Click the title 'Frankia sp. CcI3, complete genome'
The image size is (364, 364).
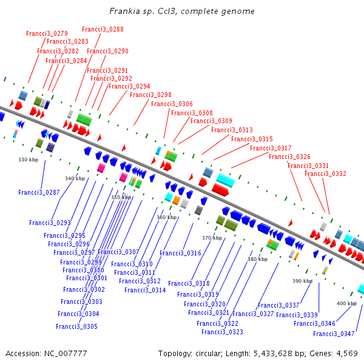tap(182, 12)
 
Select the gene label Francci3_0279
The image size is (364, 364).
tap(47, 33)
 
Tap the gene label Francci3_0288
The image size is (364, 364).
tap(103, 29)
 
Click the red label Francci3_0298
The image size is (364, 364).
tap(150, 95)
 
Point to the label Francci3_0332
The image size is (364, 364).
tap(325, 174)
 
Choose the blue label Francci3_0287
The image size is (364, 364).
tap(39, 192)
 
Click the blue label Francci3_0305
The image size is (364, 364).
tap(76, 326)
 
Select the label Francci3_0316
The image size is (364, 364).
tap(180, 253)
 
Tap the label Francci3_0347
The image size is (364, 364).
tap(334, 334)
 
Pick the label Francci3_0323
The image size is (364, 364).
tap(222, 332)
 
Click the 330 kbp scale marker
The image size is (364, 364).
tap(28, 160)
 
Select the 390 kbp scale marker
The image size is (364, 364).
tap(302, 281)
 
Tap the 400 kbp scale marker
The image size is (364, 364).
tap(346, 303)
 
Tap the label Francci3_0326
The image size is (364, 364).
tap(289, 157)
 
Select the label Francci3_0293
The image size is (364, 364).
tap(50, 223)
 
